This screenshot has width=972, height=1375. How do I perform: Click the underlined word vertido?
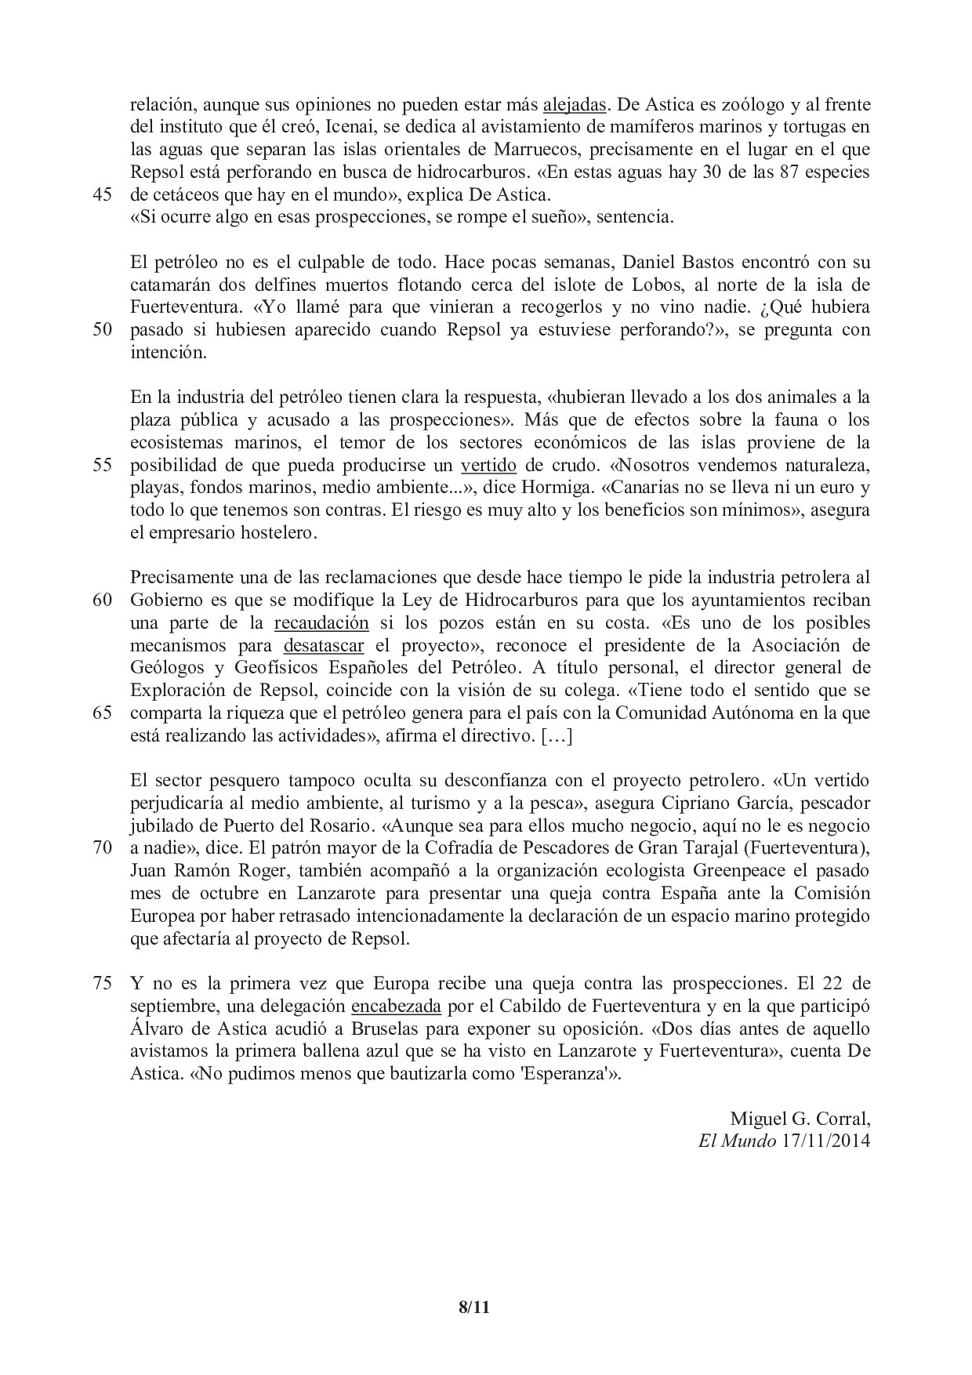coord(488,465)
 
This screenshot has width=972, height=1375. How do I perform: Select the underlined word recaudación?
coord(321,623)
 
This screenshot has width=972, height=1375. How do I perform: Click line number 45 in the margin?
coord(103,194)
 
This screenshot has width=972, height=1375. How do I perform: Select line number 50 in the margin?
coord(103,329)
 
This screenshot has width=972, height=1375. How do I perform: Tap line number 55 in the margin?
coord(103,465)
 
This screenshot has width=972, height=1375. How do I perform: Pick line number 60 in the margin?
coord(103,600)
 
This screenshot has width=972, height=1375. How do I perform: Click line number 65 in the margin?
coord(103,714)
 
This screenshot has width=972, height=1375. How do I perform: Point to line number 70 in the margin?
coord(103,849)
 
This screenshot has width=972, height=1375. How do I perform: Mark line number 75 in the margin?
coord(103,983)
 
